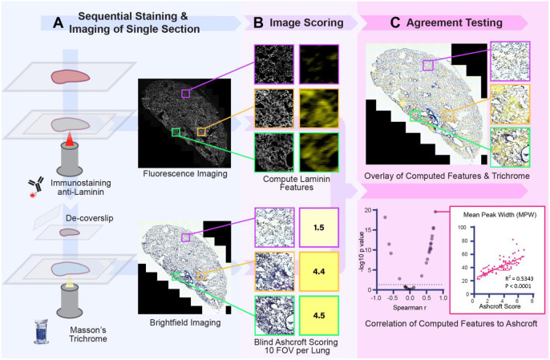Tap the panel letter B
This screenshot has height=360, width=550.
point(257,24)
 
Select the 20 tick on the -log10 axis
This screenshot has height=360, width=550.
point(370,211)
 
